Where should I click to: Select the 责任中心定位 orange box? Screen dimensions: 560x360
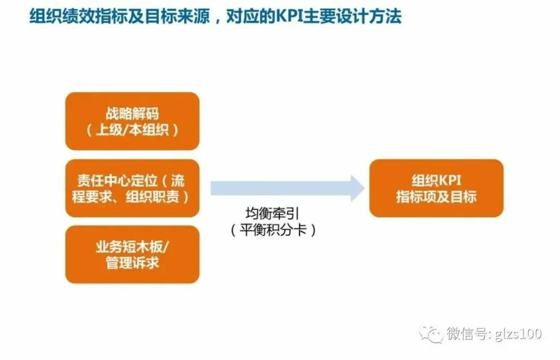click(132, 188)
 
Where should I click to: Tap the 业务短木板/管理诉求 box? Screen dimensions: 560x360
click(132, 254)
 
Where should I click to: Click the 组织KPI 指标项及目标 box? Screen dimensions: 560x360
click(436, 188)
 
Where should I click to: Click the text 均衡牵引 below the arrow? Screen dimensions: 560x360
click(273, 214)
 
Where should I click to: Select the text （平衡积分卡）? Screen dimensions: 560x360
click(273, 230)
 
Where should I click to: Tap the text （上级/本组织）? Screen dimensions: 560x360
click(132, 130)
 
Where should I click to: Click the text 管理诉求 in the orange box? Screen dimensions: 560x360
click(132, 263)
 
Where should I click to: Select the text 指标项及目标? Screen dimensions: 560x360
click(436, 197)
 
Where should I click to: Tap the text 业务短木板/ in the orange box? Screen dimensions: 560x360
click(132, 246)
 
